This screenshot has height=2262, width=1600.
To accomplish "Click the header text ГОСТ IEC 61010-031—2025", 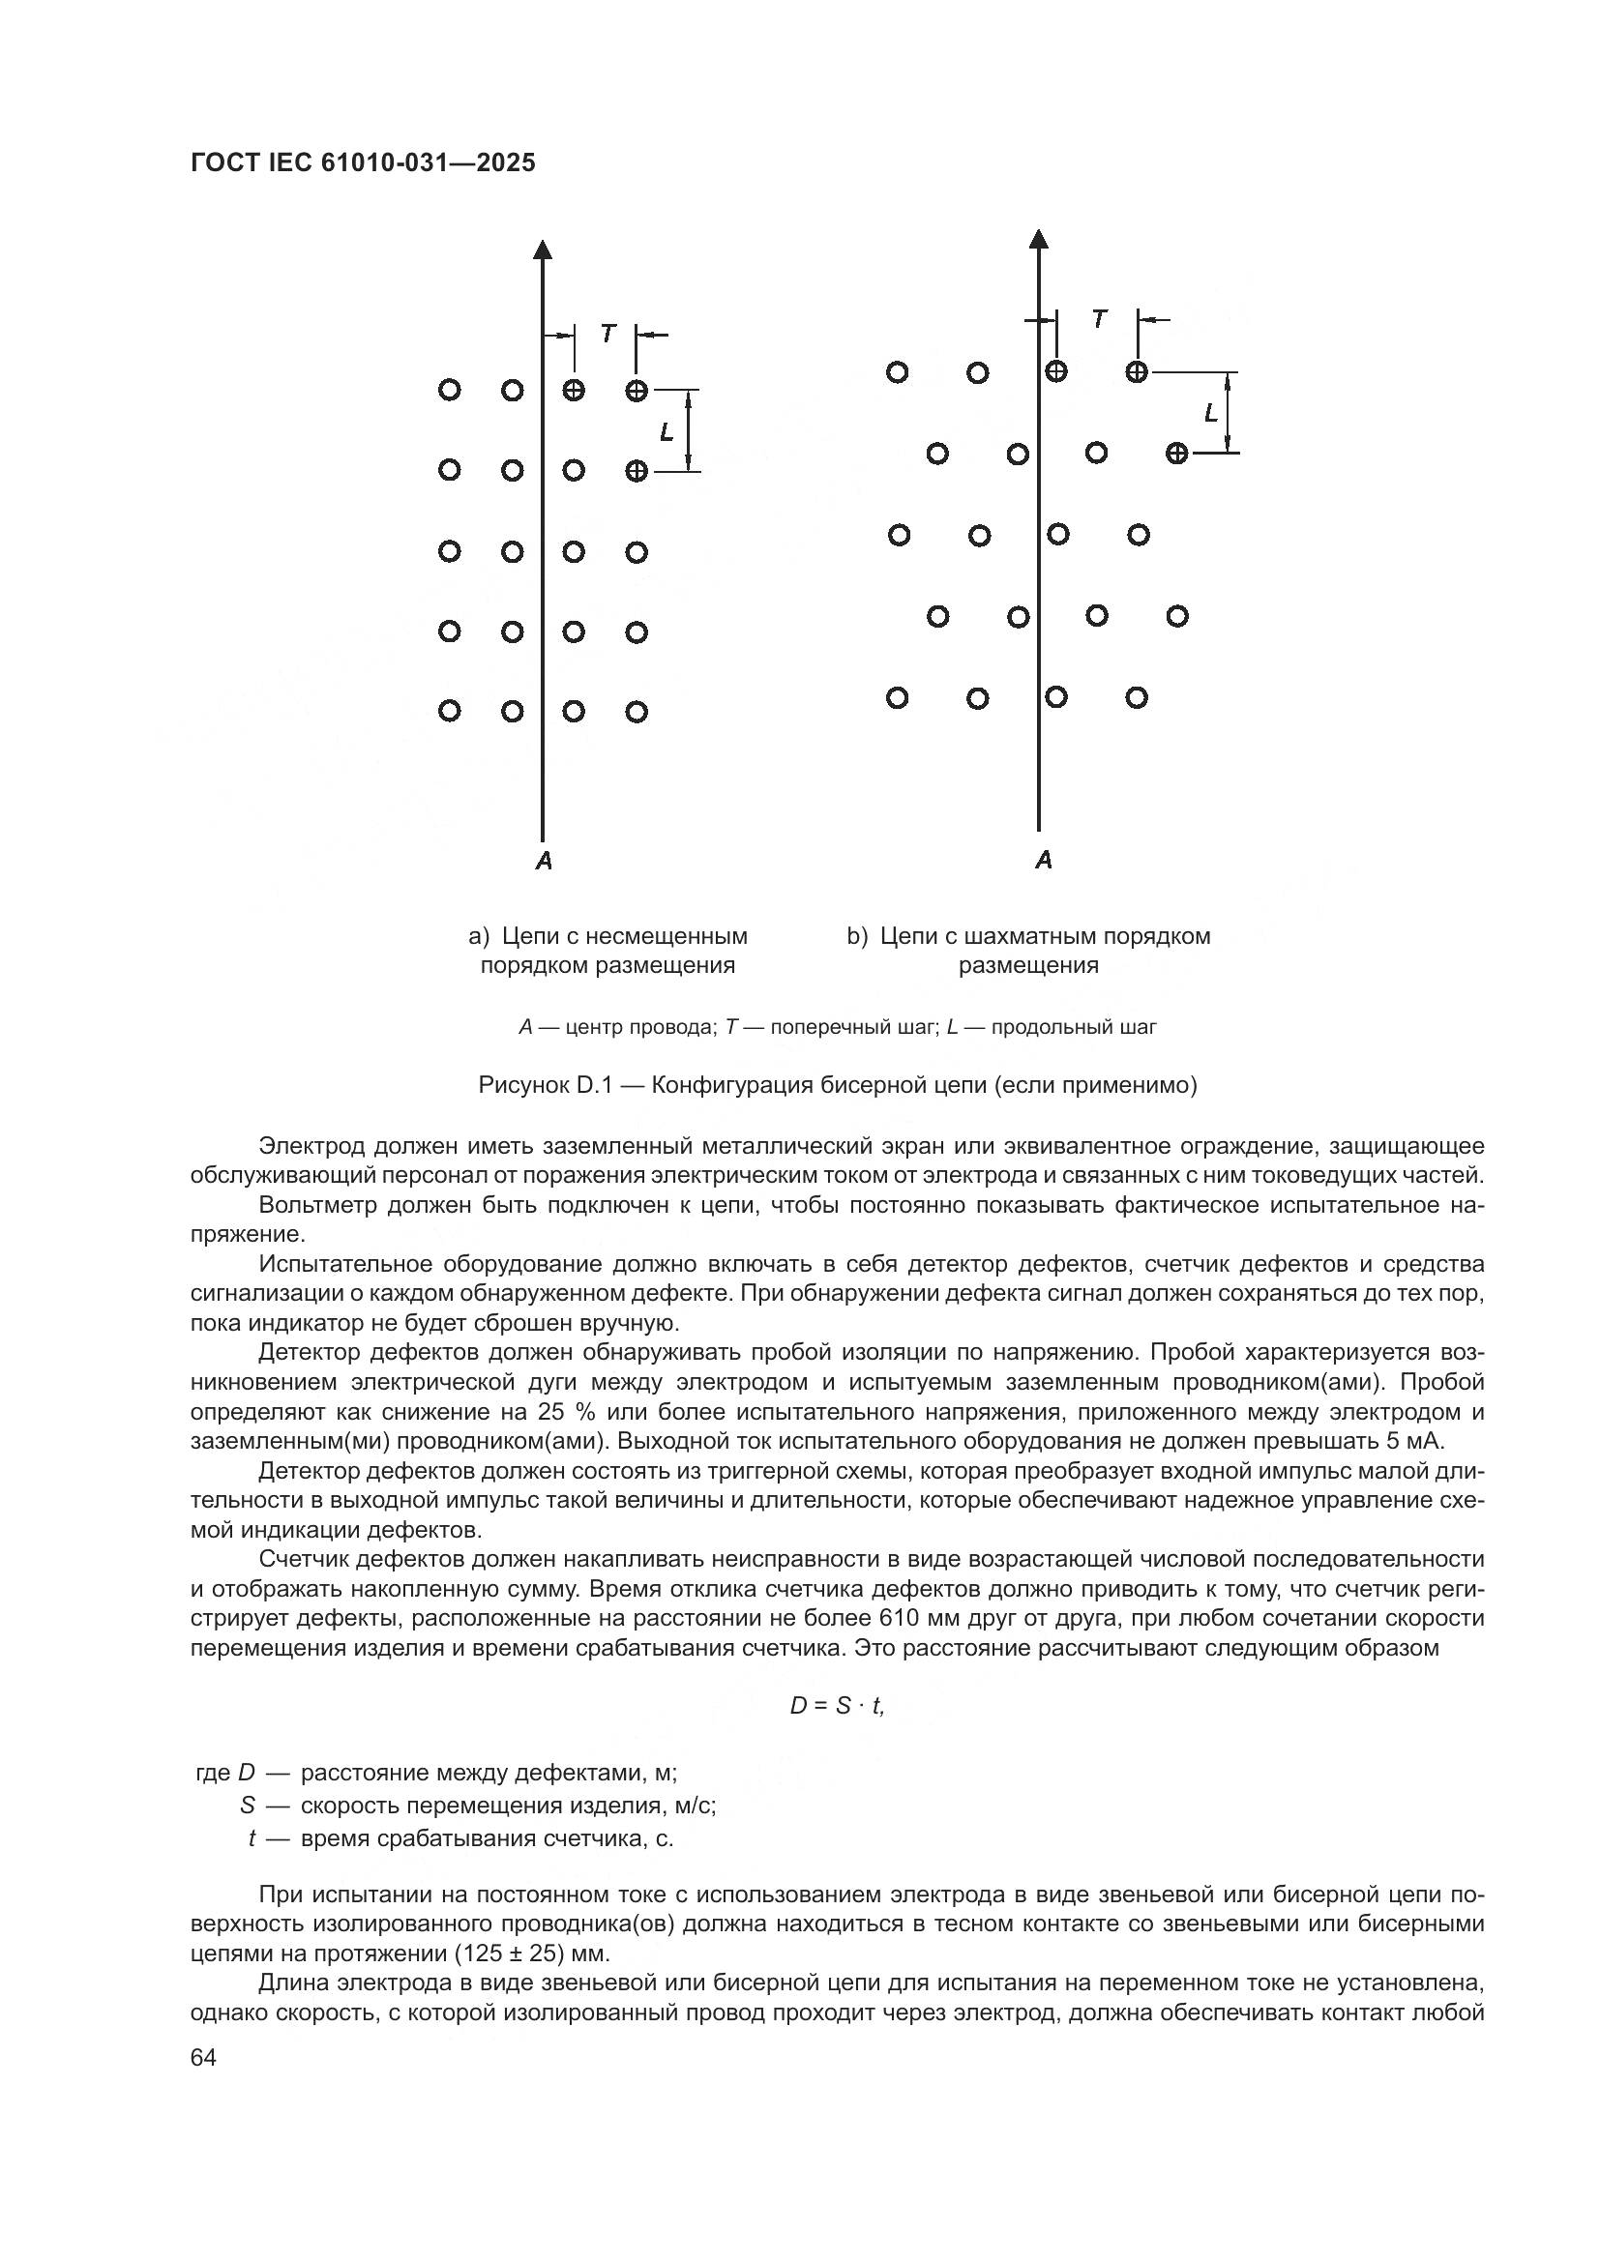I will point(363,162).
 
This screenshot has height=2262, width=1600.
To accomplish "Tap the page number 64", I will point(204,2058).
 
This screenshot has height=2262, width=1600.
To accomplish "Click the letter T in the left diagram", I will point(607,334).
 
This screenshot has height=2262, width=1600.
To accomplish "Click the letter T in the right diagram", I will point(1099,319).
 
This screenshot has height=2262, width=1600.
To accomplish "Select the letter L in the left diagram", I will point(667,431).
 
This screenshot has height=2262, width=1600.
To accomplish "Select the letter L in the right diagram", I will point(1211,413).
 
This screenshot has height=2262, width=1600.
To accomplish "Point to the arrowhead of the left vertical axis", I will point(543,249).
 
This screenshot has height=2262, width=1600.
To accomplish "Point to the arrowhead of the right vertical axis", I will point(1038,238).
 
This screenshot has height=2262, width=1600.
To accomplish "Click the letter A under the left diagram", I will point(544,861).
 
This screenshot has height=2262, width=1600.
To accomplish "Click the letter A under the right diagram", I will point(1045,860).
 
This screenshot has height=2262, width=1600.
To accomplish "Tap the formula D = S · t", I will point(838,1706).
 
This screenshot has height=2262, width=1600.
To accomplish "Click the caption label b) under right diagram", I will point(857,936).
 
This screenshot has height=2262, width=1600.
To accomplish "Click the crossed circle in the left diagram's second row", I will point(637,471).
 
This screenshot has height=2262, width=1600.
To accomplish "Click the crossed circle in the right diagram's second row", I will point(1176,454).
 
